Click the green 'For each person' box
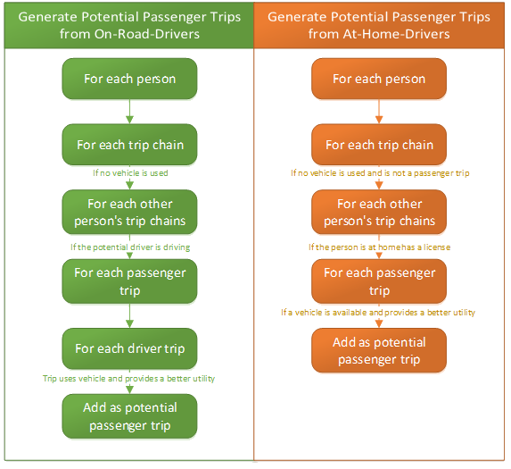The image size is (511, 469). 130,79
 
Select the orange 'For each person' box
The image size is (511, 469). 379,79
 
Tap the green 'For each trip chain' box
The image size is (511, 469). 130,145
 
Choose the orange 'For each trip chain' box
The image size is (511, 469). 379,145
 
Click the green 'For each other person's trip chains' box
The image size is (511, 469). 130,213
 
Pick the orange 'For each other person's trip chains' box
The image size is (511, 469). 379,213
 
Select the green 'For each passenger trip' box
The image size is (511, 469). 130,281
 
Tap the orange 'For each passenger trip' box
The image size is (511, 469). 379,281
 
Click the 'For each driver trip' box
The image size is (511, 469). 130,348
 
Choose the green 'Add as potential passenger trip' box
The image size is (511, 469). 130,415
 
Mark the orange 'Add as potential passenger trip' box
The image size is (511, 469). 379,349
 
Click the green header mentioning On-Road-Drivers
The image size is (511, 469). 128,24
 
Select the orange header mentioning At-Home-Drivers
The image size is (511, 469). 379,24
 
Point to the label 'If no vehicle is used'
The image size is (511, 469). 130,173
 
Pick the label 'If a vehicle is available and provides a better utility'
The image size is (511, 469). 379,313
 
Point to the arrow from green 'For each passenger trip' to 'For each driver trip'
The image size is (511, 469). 130,314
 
